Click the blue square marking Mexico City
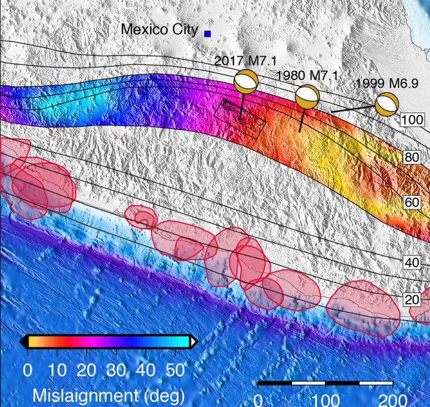point(208,34)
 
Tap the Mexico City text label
point(159,29)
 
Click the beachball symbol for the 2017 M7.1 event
point(246,82)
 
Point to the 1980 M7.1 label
point(308,75)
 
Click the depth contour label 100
point(411,120)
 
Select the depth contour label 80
point(411,158)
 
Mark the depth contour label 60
point(411,203)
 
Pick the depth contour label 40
point(411,262)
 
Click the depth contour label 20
point(411,299)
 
